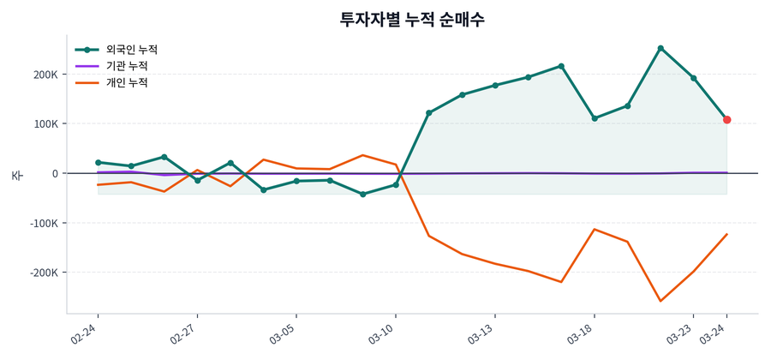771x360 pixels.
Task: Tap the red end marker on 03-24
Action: [726, 120]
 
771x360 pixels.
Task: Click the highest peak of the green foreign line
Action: [660, 48]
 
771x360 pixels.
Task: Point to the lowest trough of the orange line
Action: [660, 301]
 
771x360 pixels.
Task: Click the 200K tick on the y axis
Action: [45, 75]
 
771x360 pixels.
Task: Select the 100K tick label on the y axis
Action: [45, 124]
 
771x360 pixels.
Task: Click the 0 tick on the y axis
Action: [55, 174]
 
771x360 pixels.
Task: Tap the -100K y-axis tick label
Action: [43, 224]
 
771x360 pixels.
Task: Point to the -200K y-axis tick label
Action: [43, 273]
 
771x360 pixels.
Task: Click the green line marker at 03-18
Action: [595, 118]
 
